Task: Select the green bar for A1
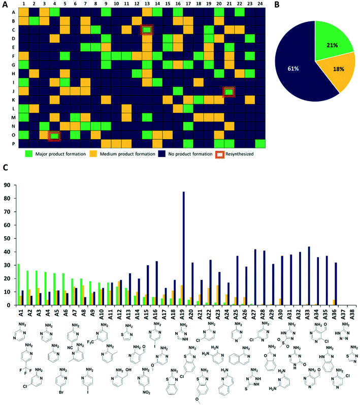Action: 18,285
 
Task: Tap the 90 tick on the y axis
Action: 8,185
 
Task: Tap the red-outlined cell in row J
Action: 229,91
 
